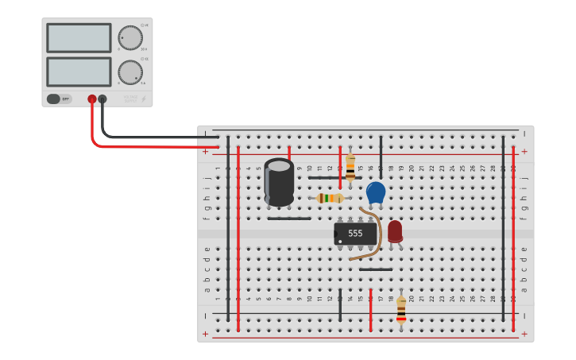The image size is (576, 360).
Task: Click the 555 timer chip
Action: point(355,233)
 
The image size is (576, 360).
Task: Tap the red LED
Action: point(395,231)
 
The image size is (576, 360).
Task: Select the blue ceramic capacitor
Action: point(376,192)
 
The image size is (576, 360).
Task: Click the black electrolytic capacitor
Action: point(279,182)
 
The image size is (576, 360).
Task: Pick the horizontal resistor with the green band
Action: point(329,198)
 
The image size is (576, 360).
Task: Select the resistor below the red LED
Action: point(401,309)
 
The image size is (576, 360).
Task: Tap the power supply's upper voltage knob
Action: point(130,37)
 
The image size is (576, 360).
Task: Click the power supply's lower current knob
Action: point(130,72)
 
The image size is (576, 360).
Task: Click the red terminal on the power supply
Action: point(92,99)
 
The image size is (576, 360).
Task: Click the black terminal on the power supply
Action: point(102,99)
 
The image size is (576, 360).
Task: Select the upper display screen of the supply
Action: point(79,38)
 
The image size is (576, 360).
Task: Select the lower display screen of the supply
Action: point(79,72)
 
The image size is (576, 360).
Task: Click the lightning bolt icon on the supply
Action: point(144,99)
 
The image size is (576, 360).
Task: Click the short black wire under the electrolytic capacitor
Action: point(289,218)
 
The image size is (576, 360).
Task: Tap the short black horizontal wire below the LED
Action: point(375,269)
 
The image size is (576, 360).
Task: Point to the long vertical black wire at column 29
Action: point(503,230)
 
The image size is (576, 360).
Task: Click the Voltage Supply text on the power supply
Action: point(130,99)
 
